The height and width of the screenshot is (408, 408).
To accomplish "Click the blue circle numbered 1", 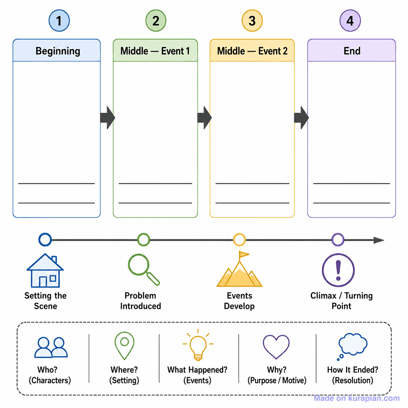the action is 59,21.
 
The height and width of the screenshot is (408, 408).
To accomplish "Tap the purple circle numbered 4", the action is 350,21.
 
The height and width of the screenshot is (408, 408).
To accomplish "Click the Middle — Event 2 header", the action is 252,51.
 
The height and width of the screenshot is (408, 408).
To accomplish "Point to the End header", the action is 351,51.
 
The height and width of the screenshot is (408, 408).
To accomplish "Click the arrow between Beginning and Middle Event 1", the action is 108,118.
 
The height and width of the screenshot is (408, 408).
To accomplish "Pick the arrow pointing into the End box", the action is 301,118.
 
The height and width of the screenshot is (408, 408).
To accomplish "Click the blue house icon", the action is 45,271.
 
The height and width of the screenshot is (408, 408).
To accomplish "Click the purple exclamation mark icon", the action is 338,271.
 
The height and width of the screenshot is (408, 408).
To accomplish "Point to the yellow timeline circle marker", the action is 239,239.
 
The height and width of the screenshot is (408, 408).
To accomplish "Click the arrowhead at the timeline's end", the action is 379,240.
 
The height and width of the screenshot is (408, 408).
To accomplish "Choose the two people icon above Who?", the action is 51,347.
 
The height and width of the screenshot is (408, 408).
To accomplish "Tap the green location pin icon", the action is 124,345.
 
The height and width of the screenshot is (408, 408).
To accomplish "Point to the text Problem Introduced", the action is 141,301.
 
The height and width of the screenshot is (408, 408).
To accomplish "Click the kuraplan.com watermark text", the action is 357,398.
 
